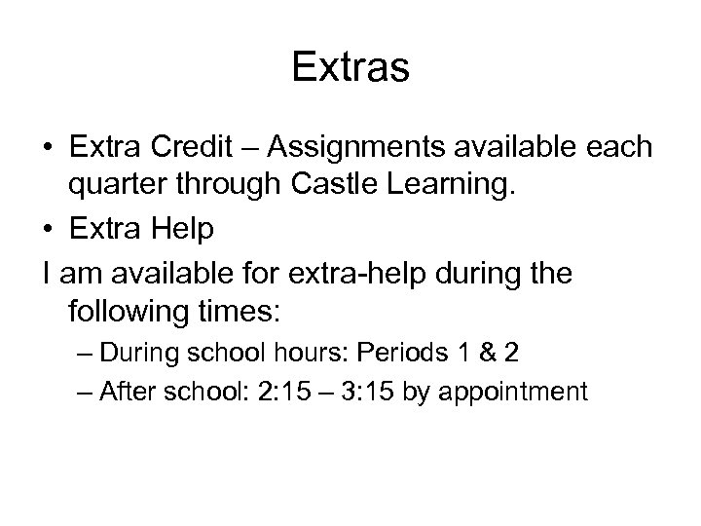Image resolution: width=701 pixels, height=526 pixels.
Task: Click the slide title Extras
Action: pos(350,68)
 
